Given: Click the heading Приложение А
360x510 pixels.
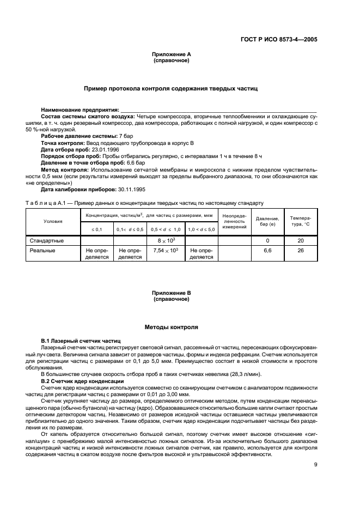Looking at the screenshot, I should pyautogui.click(x=172, y=54).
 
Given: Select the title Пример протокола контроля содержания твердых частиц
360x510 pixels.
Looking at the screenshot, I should pyautogui.click(x=171, y=88).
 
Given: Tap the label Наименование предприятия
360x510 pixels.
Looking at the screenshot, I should pyautogui.click(x=80, y=111).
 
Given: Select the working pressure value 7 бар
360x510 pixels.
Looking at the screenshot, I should pyautogui.click(x=126, y=135).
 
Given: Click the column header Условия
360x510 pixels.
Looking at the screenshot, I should pyautogui.click(x=53, y=221).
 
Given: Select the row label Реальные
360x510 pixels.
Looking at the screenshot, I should pyautogui.click(x=43, y=251).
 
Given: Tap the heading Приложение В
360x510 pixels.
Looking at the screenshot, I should pyautogui.click(x=172, y=293).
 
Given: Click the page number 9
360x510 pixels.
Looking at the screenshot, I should pyautogui.click(x=315, y=465).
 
